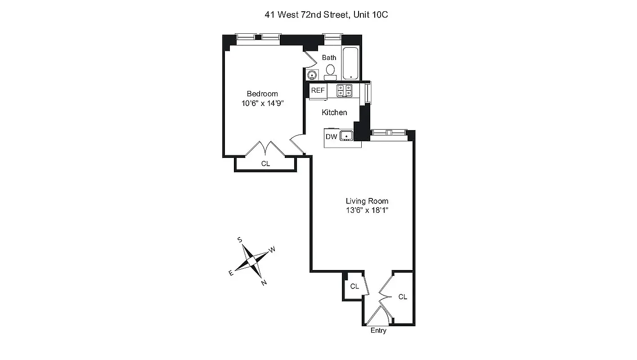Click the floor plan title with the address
(x=326, y=15)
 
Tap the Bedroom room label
(x=262, y=94)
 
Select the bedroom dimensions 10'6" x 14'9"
(x=262, y=103)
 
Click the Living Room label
(x=367, y=201)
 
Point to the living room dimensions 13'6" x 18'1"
(x=367, y=210)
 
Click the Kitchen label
(x=334, y=112)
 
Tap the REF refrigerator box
(x=318, y=90)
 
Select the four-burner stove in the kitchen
(x=344, y=90)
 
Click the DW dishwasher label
(x=331, y=137)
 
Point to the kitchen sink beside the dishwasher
(x=346, y=135)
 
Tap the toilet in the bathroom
(x=330, y=71)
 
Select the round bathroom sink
(x=311, y=75)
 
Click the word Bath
(x=329, y=58)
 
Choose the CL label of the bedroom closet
(x=265, y=164)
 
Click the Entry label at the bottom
(x=378, y=331)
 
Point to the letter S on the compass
(x=240, y=240)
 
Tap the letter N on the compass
(x=264, y=283)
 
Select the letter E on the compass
(x=231, y=273)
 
